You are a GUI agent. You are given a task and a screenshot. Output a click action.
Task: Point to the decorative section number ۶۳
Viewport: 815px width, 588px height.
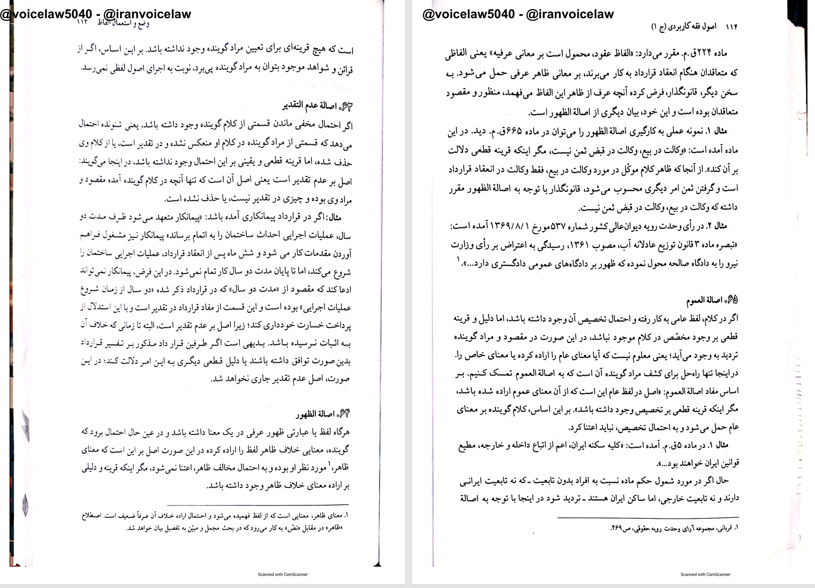[345, 106]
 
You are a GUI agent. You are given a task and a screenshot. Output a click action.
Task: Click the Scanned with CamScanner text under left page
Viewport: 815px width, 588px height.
[282, 574]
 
